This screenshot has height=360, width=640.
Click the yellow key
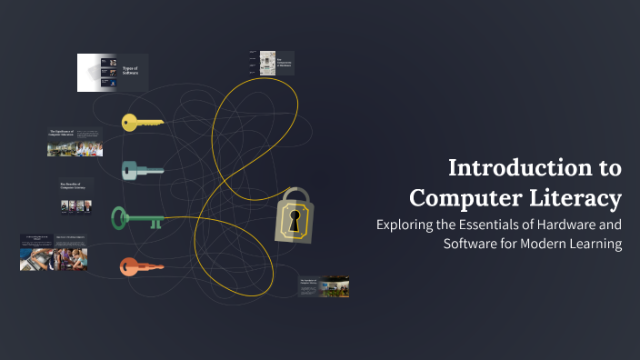point(142,122)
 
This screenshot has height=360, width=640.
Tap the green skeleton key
point(136,218)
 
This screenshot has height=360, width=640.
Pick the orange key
point(141,267)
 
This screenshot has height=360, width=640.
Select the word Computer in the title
point(465,197)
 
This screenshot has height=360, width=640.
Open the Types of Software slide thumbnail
point(113,73)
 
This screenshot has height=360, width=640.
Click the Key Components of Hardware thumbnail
point(270,63)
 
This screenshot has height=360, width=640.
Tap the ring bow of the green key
point(119,217)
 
